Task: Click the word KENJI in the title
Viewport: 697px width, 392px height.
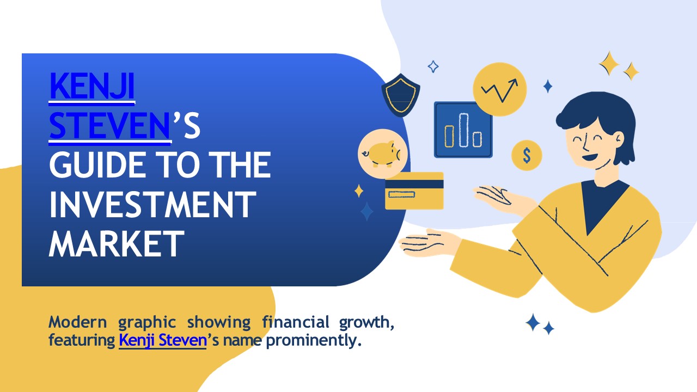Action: (x=92, y=86)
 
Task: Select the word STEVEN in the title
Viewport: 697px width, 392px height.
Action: (x=109, y=125)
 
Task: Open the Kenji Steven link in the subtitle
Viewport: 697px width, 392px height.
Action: (x=163, y=340)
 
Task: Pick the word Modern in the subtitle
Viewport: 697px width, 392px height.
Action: (x=78, y=322)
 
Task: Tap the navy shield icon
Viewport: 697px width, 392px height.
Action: (x=401, y=95)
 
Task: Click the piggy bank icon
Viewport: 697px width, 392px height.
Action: (x=382, y=154)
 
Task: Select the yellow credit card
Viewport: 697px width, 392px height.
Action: (x=414, y=191)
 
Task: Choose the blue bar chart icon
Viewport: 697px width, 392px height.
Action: (x=463, y=130)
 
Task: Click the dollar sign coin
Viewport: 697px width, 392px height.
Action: (x=527, y=155)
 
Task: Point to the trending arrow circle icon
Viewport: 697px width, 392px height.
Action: (x=500, y=89)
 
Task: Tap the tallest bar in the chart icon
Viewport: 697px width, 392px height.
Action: (x=463, y=130)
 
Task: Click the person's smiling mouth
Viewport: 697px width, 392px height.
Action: (x=590, y=157)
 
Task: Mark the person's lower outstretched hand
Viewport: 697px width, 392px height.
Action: (x=430, y=243)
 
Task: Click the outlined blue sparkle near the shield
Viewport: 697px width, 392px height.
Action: (x=433, y=66)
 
